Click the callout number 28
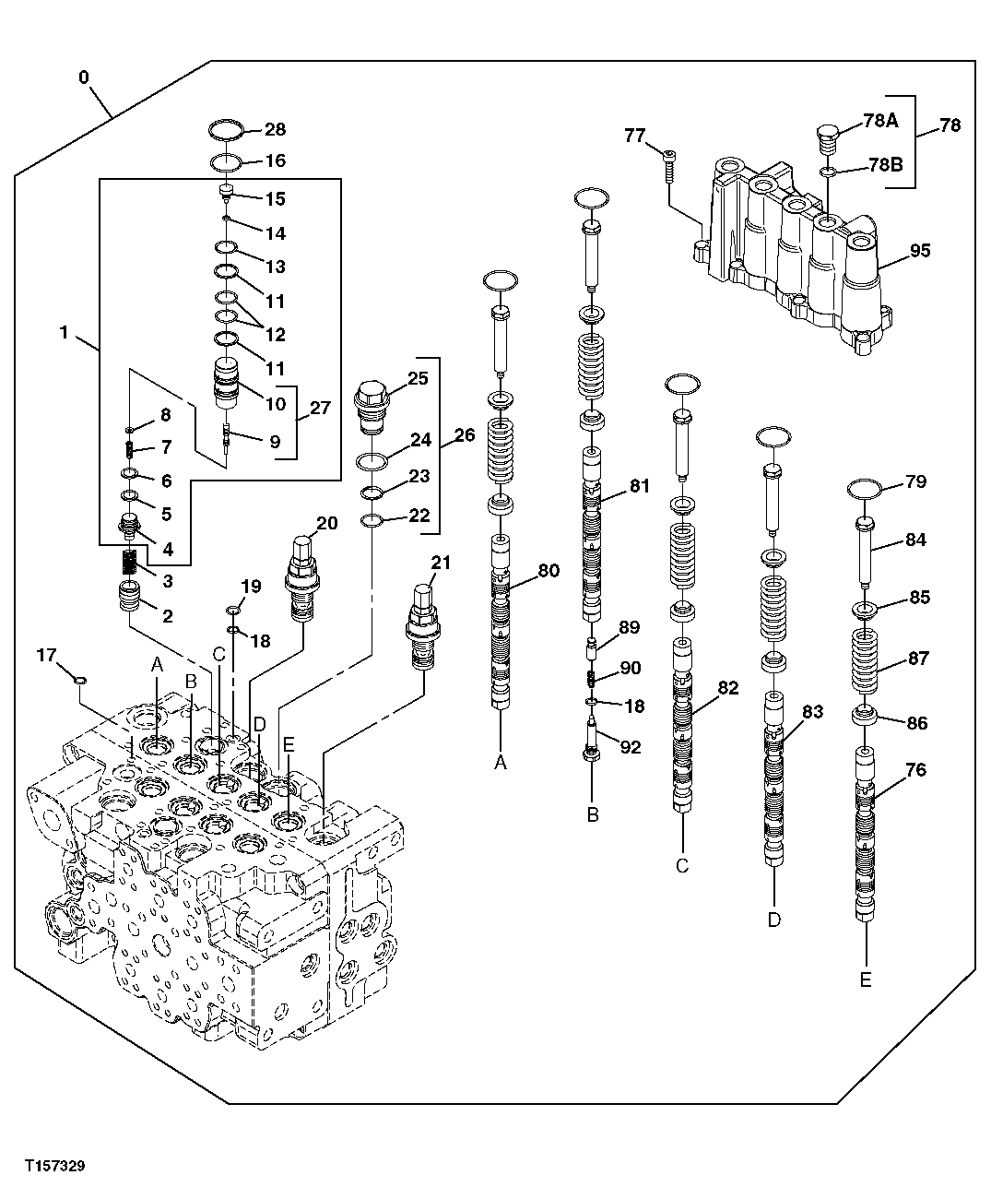[275, 130]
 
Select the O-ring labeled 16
[225, 162]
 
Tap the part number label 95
[919, 251]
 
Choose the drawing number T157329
[56, 1167]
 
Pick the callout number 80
[548, 571]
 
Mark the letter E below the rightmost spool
[865, 979]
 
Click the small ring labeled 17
[80, 681]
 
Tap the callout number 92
[630, 747]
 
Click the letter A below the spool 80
[501, 763]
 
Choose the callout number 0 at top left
[84, 77]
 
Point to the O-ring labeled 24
[371, 461]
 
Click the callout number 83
[812, 712]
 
